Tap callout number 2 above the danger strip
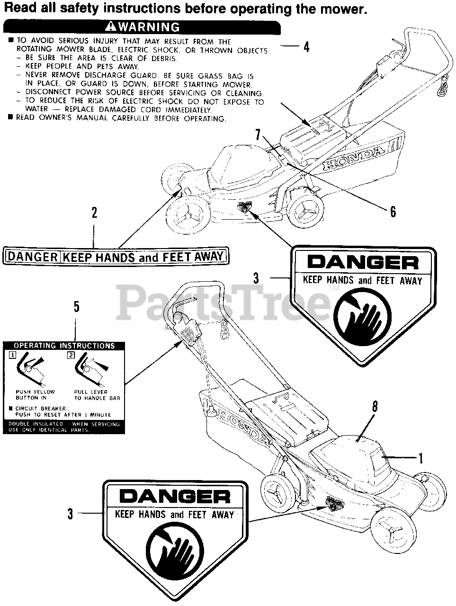pyautogui.click(x=94, y=213)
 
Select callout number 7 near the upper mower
pyautogui.click(x=258, y=134)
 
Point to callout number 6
pyautogui.click(x=393, y=211)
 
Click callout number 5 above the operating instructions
pyautogui.click(x=76, y=307)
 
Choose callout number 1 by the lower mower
pyautogui.click(x=420, y=457)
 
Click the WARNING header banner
pyautogui.click(x=143, y=27)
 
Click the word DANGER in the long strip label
pyautogui.click(x=33, y=257)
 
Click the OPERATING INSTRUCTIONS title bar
pyautogui.click(x=64, y=346)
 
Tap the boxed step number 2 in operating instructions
pyautogui.click(x=71, y=355)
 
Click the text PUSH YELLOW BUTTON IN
pyautogui.click(x=35, y=395)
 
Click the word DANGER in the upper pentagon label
pyautogui.click(x=363, y=262)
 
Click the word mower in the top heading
pyautogui.click(x=347, y=9)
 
